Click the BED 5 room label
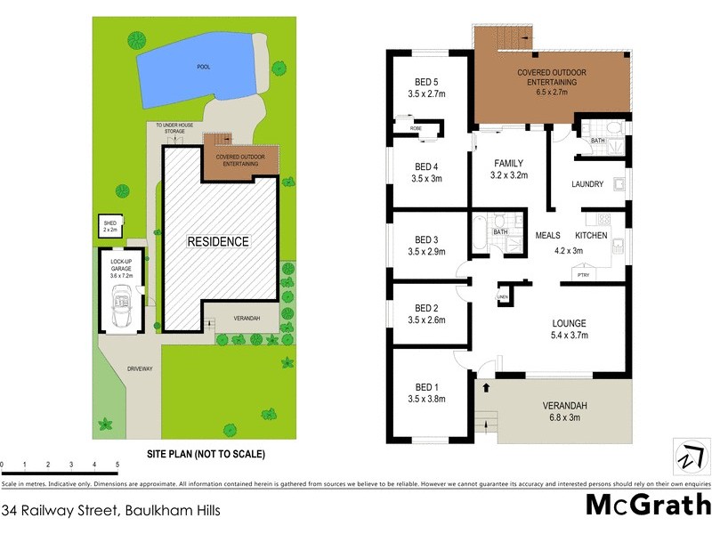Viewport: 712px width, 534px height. pyautogui.click(x=424, y=81)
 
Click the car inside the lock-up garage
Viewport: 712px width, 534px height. pyautogui.click(x=120, y=307)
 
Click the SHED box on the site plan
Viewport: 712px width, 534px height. pyautogui.click(x=110, y=226)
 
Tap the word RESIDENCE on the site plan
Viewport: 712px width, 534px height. pyautogui.click(x=218, y=241)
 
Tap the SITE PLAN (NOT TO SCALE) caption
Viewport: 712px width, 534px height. pyautogui.click(x=206, y=453)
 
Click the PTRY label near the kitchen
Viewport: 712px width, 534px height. pyautogui.click(x=583, y=276)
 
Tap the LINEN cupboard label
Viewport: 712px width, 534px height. pyautogui.click(x=502, y=295)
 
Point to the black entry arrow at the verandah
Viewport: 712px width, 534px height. pyautogui.click(x=486, y=388)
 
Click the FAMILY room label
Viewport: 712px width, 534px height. pyautogui.click(x=508, y=163)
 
